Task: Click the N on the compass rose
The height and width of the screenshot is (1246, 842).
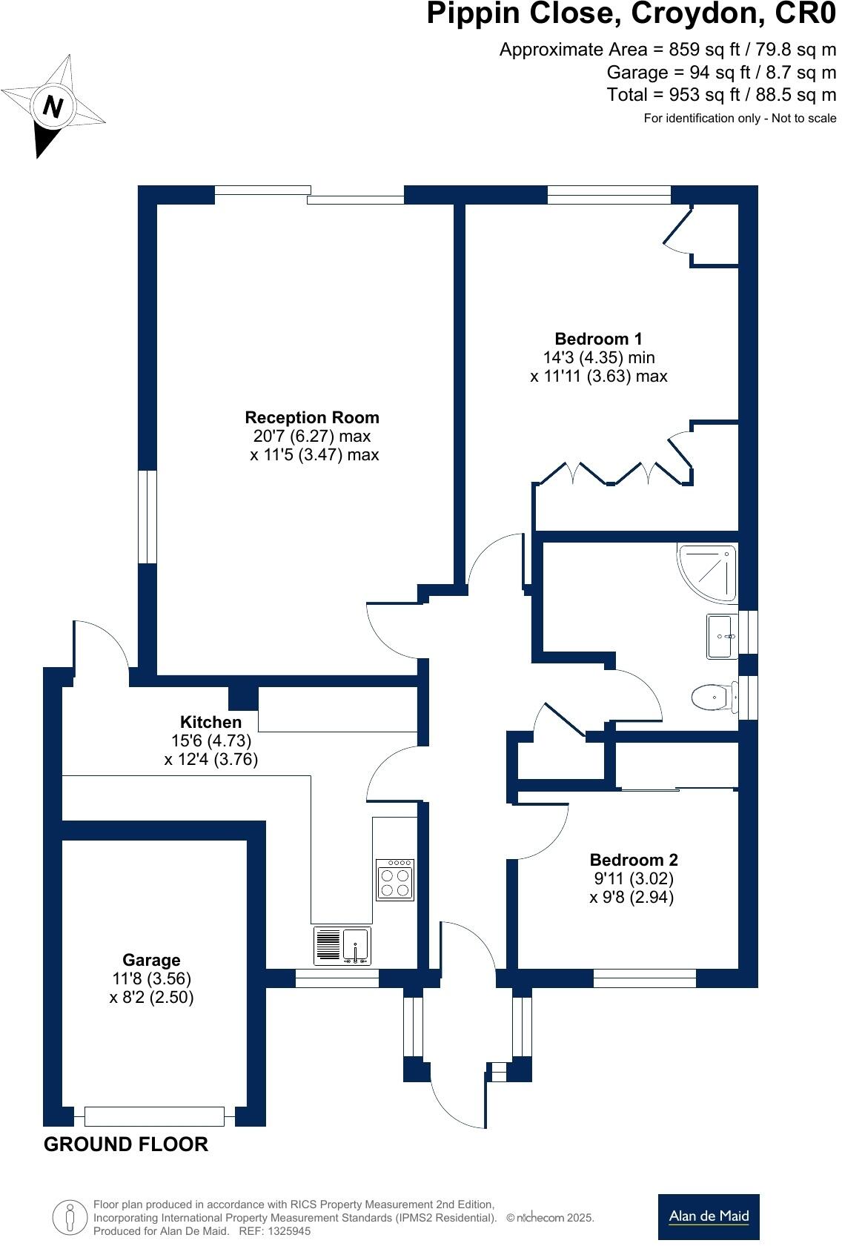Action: [52, 107]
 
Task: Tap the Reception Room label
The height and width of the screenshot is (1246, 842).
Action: [312, 417]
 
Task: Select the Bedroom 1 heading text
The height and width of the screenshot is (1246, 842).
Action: [599, 339]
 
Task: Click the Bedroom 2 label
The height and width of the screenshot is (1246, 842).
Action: [633, 860]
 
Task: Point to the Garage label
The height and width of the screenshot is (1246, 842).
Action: [151, 960]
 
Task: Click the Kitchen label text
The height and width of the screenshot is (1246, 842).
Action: [211, 722]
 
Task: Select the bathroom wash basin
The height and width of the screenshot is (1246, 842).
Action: [720, 636]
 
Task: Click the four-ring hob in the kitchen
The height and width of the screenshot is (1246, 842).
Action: [395, 880]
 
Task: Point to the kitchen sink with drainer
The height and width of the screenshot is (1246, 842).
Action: [342, 946]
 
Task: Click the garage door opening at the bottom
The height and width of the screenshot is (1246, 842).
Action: [154, 1116]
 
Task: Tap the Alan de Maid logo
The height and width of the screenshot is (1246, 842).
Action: [709, 1216]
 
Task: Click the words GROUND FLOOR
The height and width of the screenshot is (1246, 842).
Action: [126, 1144]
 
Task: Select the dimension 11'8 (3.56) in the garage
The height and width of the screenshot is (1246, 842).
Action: [151, 978]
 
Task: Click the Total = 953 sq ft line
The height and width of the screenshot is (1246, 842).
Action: [720, 95]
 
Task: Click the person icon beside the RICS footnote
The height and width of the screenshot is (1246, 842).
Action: [70, 1216]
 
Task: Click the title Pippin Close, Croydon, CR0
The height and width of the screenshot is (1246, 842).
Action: [631, 15]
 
